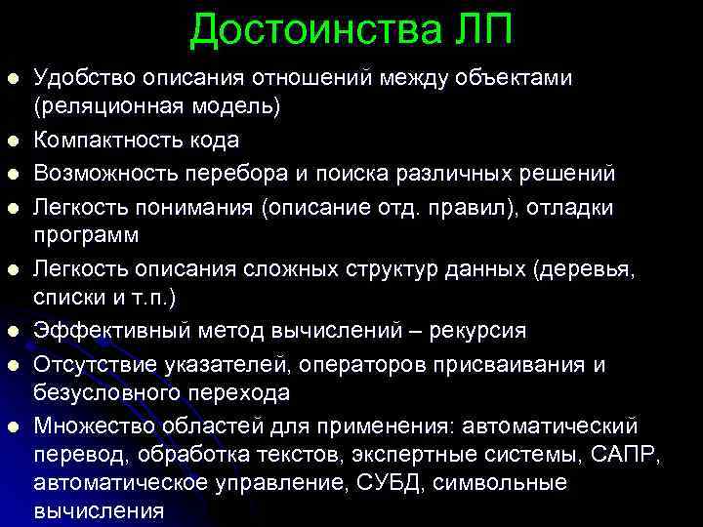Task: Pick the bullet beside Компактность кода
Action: click(x=12, y=142)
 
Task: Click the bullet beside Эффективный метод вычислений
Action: click(x=12, y=332)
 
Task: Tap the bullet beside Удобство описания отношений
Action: click(x=12, y=78)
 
